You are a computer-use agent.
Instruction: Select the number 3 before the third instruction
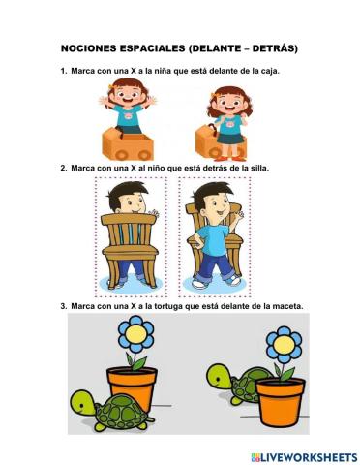point(62,307)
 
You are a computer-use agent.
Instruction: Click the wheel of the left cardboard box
point(143,152)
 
